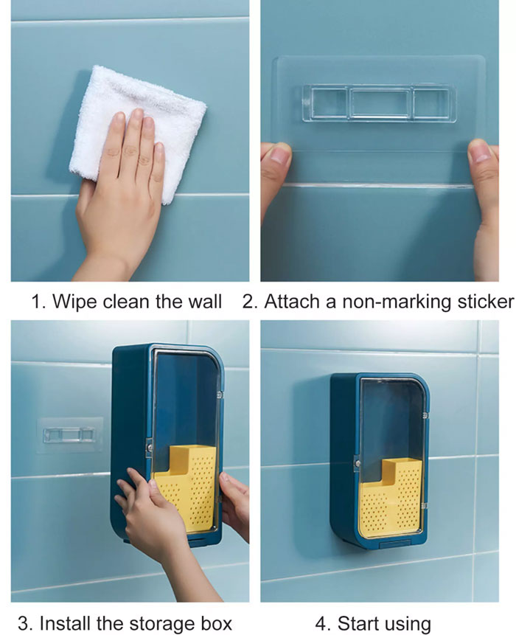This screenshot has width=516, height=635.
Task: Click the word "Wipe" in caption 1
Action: click(x=74, y=302)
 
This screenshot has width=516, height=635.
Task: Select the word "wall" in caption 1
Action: click(x=205, y=302)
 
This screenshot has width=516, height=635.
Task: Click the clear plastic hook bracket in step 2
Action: click(x=379, y=103)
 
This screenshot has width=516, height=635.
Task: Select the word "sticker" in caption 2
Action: click(x=486, y=302)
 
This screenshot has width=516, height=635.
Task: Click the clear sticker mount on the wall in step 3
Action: click(x=69, y=435)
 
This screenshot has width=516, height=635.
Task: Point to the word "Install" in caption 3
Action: click(x=64, y=623)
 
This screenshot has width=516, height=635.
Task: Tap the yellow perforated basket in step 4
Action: click(x=391, y=499)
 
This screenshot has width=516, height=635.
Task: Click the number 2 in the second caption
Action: click(x=247, y=302)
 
